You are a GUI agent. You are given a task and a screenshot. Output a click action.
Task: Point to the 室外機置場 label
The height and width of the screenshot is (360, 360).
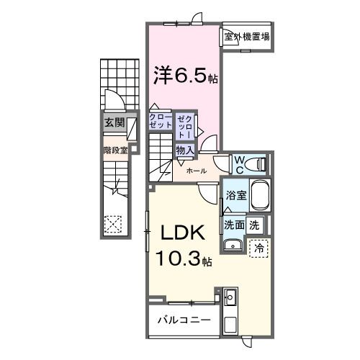coord(247,37)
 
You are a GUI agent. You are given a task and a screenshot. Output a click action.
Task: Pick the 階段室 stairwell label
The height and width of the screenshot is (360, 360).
coord(114,150)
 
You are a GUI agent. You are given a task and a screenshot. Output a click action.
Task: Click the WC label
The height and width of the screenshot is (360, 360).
coord(238,165)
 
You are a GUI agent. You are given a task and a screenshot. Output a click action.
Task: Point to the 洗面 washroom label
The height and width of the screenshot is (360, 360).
coord(233,225)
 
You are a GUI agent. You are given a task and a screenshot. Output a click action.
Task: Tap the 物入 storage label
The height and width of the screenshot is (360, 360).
coord(184,150)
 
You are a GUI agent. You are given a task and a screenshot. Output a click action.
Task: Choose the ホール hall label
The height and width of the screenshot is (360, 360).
coord(197,171)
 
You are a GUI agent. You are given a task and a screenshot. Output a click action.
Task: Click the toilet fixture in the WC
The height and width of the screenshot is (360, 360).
coord(257,165)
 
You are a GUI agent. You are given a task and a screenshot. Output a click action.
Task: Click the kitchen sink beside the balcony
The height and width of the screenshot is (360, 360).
coord(230,296)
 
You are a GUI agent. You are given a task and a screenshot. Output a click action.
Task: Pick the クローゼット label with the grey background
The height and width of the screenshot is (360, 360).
coord(160,121)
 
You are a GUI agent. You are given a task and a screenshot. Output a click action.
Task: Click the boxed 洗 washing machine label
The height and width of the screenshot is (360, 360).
coord(254,225)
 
